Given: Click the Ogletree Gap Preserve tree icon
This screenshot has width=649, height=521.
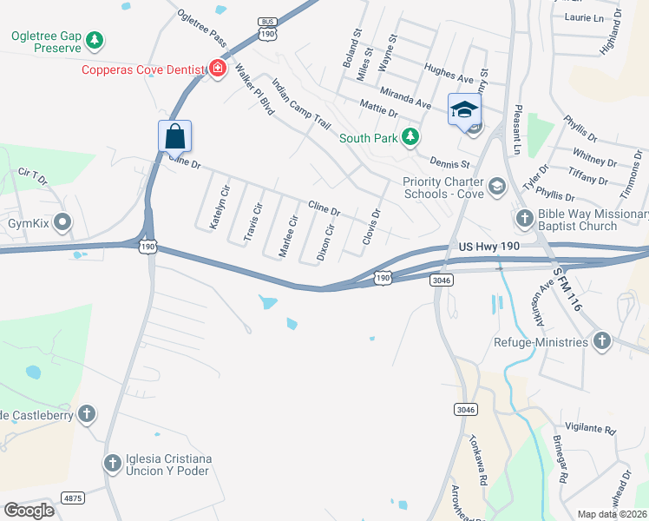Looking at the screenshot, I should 94,40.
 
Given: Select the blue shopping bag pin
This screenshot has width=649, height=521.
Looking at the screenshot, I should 174,136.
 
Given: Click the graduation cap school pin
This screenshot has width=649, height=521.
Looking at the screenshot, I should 464,109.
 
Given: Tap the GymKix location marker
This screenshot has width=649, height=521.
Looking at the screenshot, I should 62,223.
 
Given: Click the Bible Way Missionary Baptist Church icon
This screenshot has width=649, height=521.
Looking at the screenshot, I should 524,218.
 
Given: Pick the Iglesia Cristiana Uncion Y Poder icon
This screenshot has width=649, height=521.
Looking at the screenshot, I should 112,464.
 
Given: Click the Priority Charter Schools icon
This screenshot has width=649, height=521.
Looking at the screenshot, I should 496,186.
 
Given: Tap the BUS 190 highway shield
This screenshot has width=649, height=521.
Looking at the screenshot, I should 267,30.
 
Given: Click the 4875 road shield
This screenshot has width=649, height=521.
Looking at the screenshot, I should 74,498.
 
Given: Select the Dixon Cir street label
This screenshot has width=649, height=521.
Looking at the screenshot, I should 324,242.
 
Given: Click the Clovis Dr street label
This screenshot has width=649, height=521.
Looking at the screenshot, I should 372,226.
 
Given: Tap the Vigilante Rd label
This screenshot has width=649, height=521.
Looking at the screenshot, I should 589,430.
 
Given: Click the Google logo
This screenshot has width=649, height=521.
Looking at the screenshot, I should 29,510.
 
